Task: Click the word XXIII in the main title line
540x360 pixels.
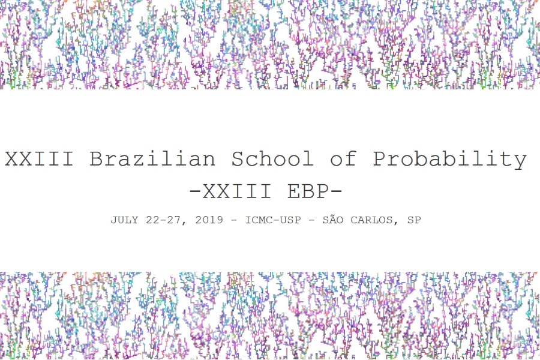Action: click(39, 159)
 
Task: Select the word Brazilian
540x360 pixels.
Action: click(152, 159)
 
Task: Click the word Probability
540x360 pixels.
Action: click(450, 159)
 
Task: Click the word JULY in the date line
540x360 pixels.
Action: click(124, 220)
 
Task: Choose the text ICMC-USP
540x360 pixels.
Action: click(273, 220)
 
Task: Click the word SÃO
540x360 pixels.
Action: click(334, 220)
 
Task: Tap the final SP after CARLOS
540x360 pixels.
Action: click(414, 220)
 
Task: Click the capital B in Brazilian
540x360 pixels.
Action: click(96, 159)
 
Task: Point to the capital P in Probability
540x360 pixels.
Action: click(380, 159)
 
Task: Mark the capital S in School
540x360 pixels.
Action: click(238, 159)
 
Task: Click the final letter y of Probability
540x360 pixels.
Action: click(520, 161)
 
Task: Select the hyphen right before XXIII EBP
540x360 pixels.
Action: click(195, 192)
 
